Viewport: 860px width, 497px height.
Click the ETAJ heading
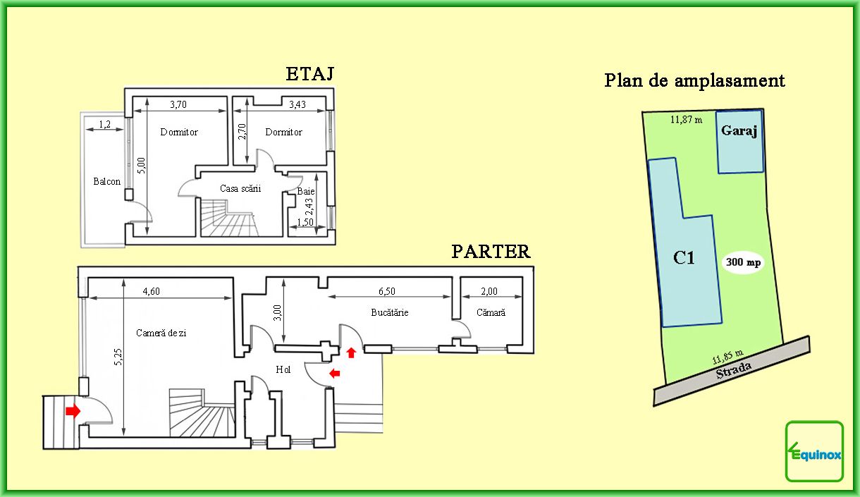click(309, 74)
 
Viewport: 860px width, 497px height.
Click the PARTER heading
click(491, 252)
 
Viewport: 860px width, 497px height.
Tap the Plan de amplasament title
click(694, 81)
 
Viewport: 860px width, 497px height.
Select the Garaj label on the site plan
click(739, 131)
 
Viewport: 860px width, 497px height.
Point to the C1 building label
click(684, 258)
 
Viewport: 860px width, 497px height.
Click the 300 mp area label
click(743, 262)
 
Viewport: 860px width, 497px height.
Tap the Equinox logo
click(814, 451)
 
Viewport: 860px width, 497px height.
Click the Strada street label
click(733, 370)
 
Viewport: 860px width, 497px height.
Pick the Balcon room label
click(106, 181)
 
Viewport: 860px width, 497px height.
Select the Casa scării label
click(240, 188)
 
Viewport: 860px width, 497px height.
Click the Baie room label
click(306, 191)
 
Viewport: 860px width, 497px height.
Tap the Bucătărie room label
click(389, 312)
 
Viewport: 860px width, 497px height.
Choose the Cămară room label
click(491, 312)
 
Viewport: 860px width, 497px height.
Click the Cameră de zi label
click(161, 333)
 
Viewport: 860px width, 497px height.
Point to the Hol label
click(283, 369)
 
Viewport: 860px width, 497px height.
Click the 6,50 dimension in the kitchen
click(386, 291)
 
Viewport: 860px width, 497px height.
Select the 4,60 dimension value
click(152, 291)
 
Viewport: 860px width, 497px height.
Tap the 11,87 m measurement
click(686, 120)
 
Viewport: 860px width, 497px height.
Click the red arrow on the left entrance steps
click(73, 411)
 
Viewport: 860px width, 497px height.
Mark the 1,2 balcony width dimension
click(104, 124)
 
